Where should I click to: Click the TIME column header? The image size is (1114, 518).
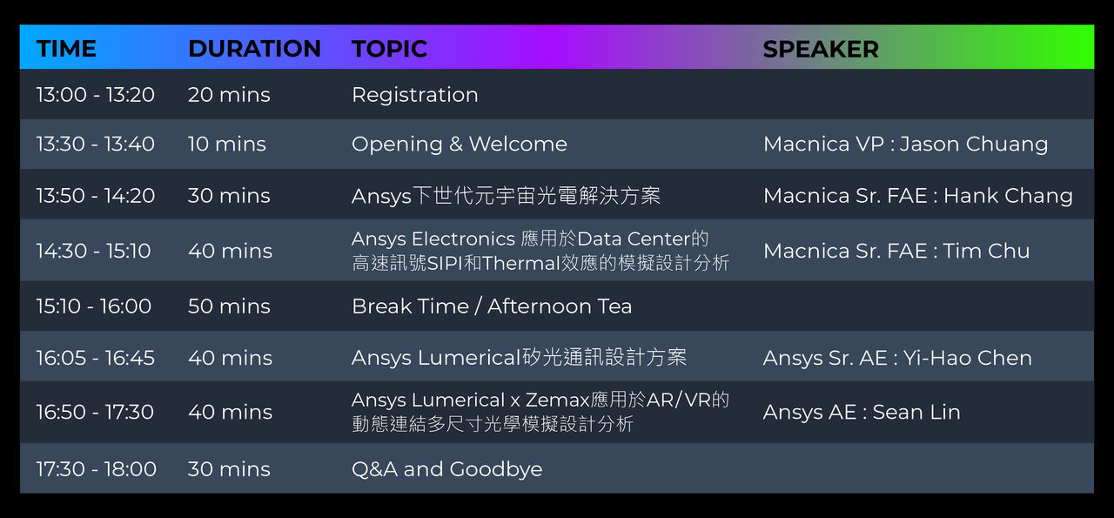point(66,49)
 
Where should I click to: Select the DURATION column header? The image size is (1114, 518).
point(254,49)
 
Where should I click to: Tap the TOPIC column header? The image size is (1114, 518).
point(389,49)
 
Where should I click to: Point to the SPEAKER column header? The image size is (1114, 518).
point(821,50)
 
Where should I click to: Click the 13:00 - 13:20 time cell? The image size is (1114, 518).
point(96,95)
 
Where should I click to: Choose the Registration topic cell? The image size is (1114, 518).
point(415,95)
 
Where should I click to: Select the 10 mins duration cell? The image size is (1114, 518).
point(227,144)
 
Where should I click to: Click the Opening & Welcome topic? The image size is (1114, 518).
point(459,144)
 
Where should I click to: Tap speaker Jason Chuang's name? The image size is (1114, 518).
point(973,145)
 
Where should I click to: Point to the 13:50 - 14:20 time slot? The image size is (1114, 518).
point(96,196)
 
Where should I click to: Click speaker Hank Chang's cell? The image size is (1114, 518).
point(918,196)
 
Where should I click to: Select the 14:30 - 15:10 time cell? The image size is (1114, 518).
point(93,251)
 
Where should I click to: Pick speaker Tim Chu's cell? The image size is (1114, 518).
point(896,251)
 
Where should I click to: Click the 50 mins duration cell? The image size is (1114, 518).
point(229,306)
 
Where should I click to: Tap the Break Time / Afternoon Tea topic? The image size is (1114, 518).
point(492,306)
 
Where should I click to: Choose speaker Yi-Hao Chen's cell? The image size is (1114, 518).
point(897,358)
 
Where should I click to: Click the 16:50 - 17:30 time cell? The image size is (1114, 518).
point(95,412)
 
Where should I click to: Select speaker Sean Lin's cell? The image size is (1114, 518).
point(862,412)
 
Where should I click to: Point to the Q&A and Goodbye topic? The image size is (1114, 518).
point(447,469)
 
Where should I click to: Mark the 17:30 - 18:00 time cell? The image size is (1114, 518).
point(97,468)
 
